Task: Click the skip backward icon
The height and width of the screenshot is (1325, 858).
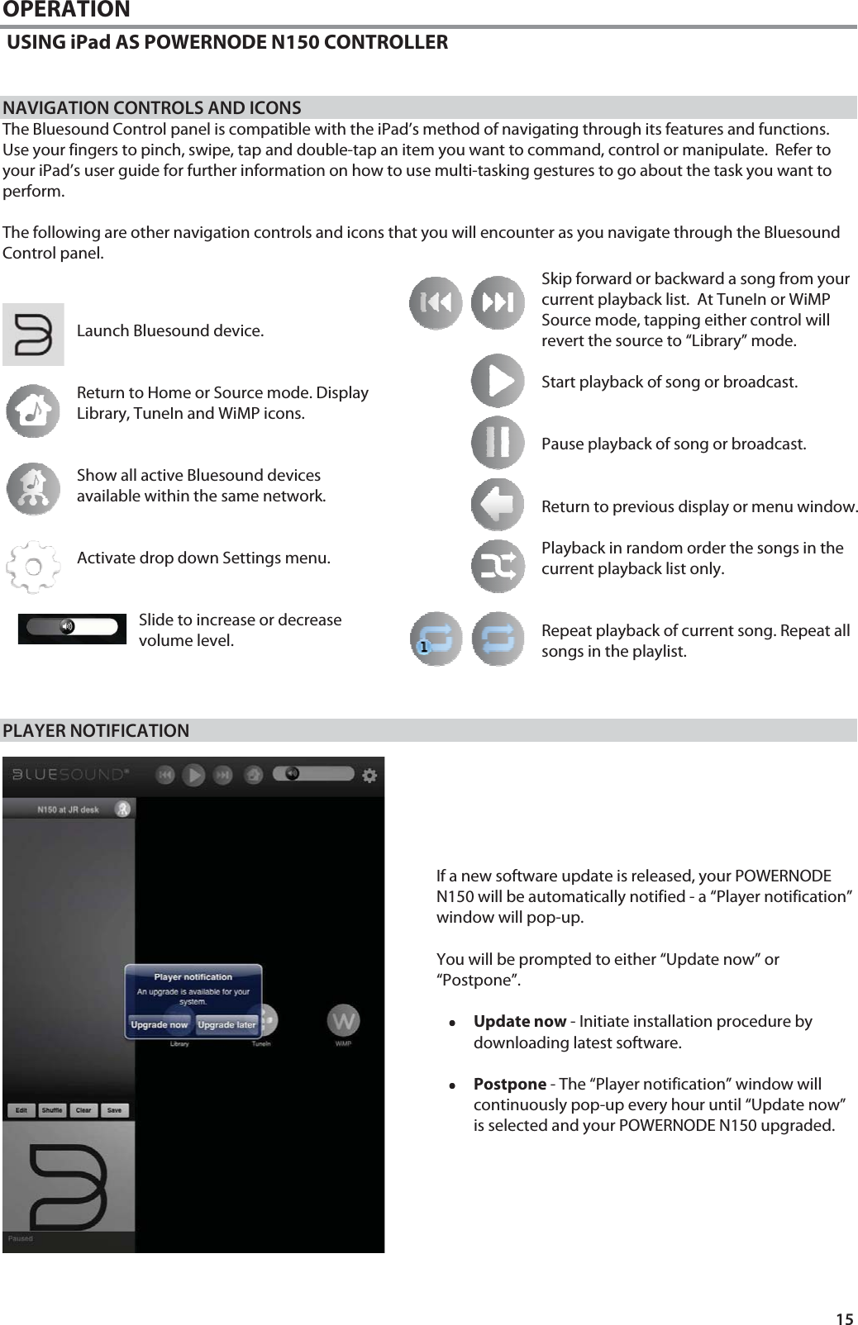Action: [436, 303]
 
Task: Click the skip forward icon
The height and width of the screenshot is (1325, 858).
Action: [498, 303]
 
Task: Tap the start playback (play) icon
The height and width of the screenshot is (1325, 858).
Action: [498, 381]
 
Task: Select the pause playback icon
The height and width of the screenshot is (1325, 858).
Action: [498, 443]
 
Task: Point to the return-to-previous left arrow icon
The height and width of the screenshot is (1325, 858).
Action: [498, 505]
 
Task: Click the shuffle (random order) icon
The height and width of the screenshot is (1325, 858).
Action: [498, 567]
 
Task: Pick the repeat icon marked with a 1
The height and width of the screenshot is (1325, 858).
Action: [436, 639]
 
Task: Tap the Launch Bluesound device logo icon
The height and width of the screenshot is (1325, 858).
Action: [33, 335]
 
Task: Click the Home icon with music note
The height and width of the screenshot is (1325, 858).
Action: [33, 411]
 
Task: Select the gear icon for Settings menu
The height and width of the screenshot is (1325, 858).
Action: [33, 567]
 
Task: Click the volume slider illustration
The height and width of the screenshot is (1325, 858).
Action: [72, 628]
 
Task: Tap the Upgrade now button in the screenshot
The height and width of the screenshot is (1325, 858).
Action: [160, 1025]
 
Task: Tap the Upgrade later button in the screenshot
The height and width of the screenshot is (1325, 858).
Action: [226, 1025]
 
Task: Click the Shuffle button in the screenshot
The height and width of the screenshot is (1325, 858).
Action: [52, 1110]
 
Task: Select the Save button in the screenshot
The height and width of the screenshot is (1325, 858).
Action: [114, 1110]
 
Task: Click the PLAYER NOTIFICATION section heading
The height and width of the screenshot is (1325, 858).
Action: [96, 731]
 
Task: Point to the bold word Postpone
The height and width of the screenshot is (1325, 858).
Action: [509, 1084]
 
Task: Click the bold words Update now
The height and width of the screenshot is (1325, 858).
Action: [519, 1022]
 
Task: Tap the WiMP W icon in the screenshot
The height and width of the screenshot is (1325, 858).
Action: [343, 1020]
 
